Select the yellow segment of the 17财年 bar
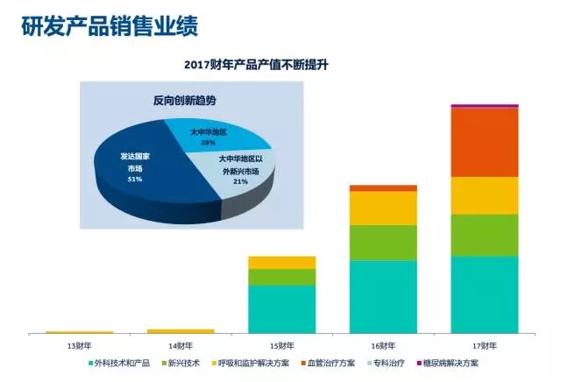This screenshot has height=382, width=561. click(484, 195)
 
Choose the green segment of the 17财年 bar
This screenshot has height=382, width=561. click(484, 235)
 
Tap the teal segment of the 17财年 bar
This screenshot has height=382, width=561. click(484, 294)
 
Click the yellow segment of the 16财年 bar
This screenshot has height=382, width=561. click(383, 208)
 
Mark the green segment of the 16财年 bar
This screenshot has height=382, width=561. click(383, 243)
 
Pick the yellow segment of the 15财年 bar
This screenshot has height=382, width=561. click(281, 262)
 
